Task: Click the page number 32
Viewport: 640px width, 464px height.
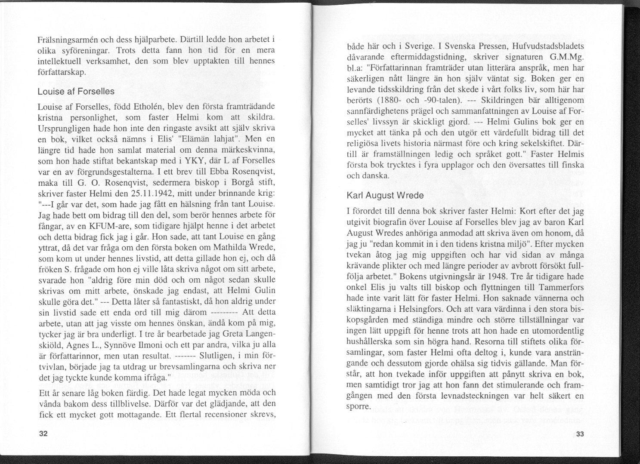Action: (x=43, y=433)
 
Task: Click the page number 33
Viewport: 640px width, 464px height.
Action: (x=580, y=434)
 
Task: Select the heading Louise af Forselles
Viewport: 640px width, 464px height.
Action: (x=76, y=92)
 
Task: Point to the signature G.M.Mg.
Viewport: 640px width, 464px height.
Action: (x=566, y=57)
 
